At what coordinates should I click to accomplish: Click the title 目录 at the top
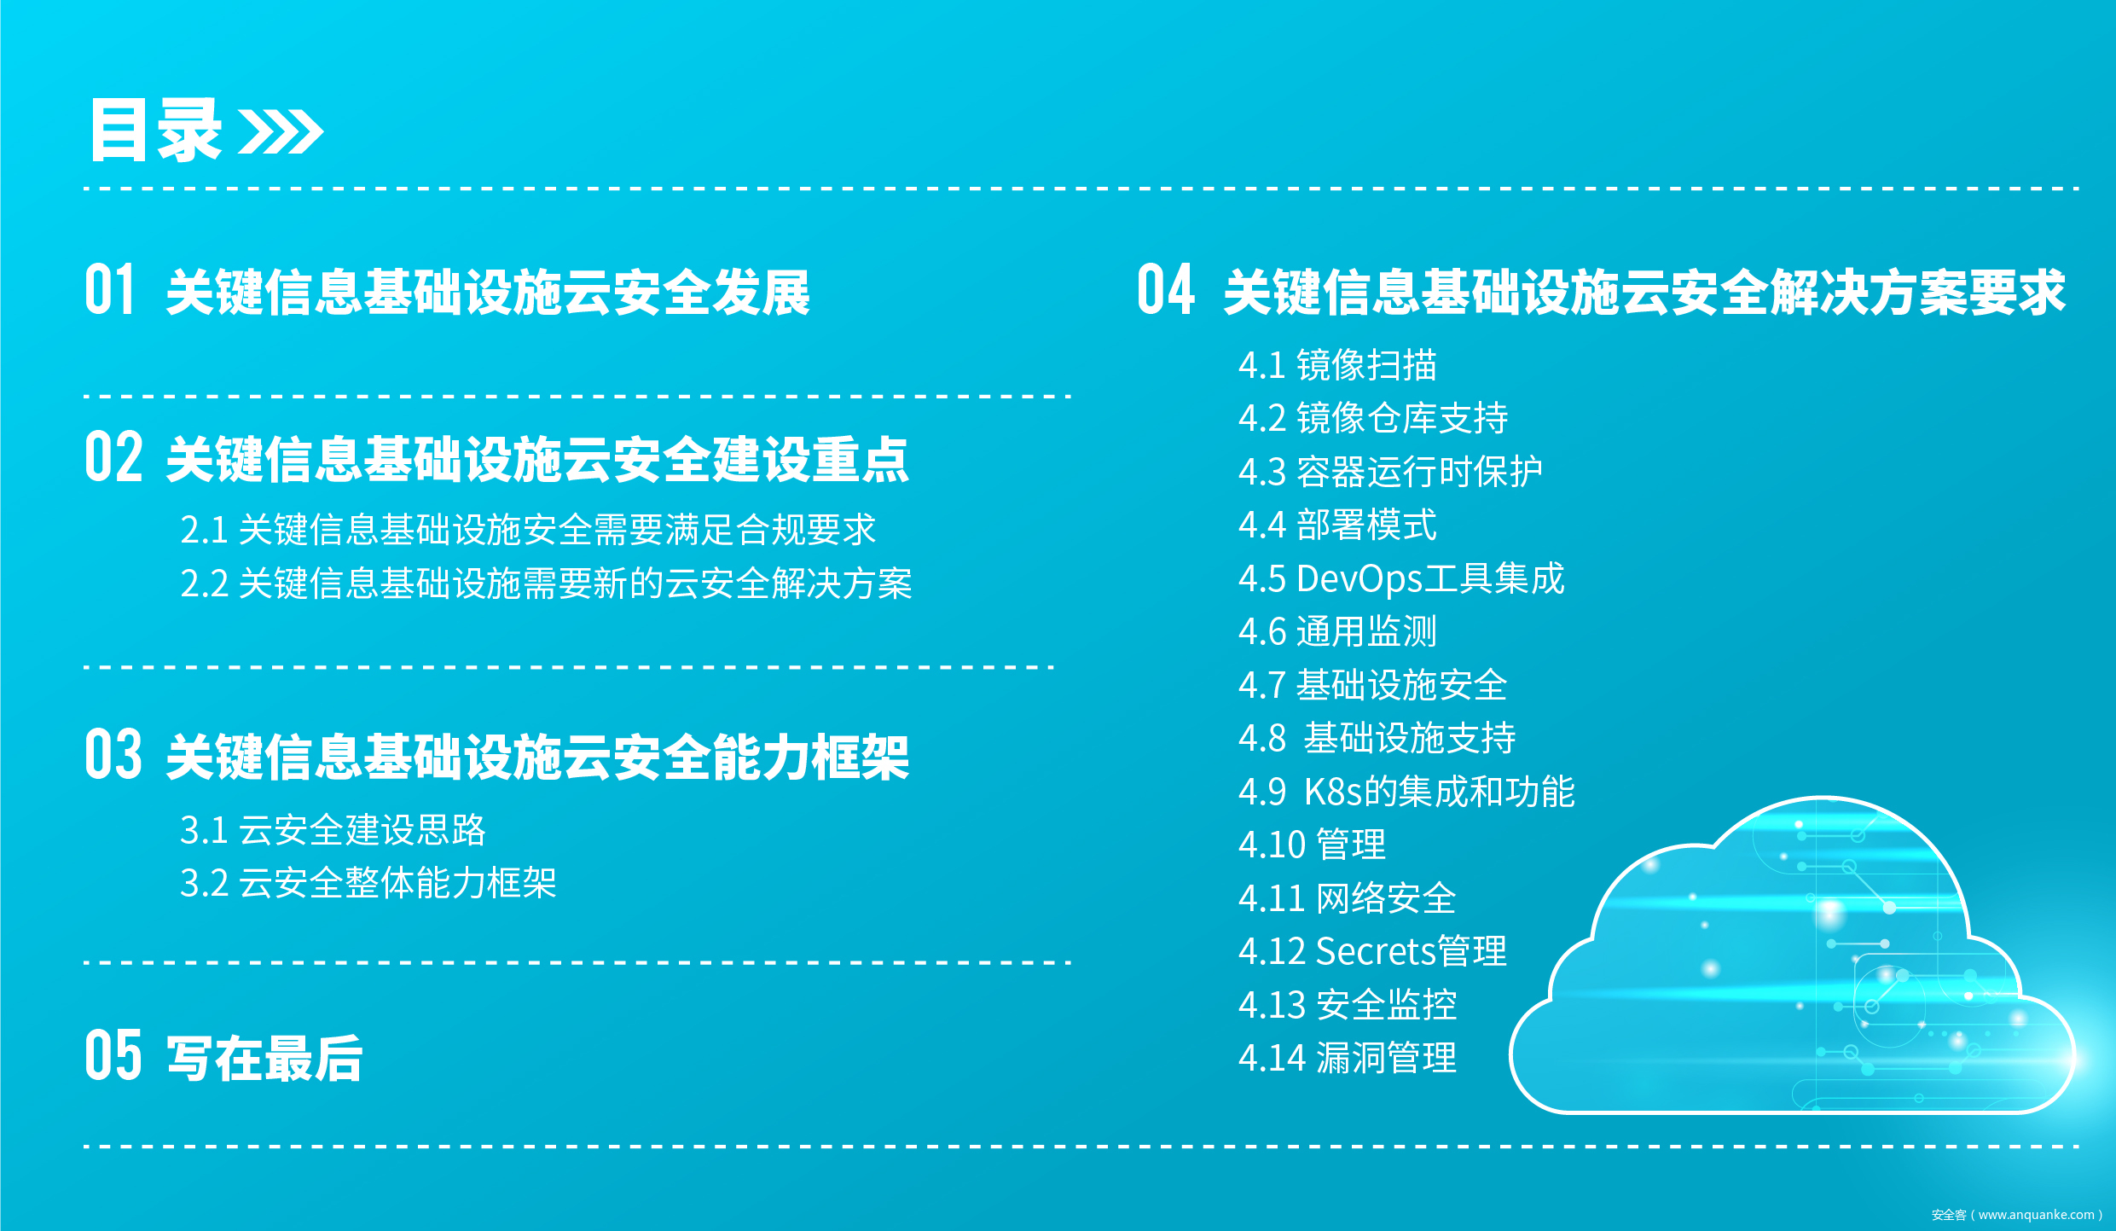coord(156,130)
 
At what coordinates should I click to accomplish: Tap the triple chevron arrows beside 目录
coord(281,131)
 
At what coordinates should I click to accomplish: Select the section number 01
coord(110,290)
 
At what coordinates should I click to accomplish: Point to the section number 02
coord(113,457)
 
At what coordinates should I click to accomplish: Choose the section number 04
coord(1166,290)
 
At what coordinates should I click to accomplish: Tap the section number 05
coord(113,1055)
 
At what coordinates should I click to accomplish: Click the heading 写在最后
coord(264,1058)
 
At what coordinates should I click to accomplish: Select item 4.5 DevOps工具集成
coord(1401,578)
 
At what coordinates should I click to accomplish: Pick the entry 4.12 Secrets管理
coord(1372,951)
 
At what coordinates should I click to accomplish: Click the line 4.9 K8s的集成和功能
coord(1406,792)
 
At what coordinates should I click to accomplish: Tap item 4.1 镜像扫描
coord(1337,365)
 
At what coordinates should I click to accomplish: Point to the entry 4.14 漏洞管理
coord(1348,1058)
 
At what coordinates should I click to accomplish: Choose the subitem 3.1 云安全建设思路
coord(333,829)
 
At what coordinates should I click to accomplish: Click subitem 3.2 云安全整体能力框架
coord(368,883)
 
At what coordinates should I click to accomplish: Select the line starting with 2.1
coord(528,530)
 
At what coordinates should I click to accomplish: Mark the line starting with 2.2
coord(546,584)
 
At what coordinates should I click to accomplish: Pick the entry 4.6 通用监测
coord(1337,631)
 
